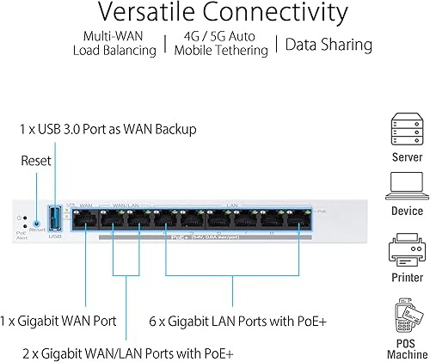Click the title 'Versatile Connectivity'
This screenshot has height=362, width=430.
click(x=214, y=15)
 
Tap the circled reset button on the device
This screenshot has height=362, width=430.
click(x=36, y=223)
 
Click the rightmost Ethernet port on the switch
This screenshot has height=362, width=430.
click(x=298, y=218)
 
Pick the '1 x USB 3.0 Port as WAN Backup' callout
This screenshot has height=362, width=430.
click(x=108, y=129)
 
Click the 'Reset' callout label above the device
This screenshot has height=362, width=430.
click(x=36, y=161)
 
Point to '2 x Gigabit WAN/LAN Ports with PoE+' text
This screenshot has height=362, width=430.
click(x=129, y=353)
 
